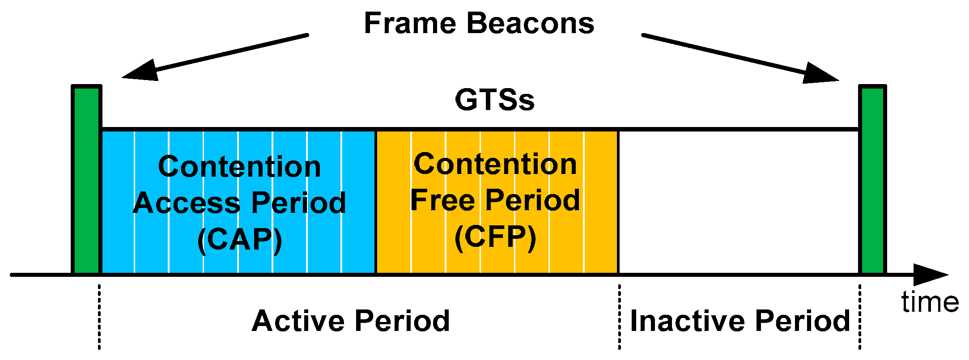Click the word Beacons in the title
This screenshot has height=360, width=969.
click(x=531, y=23)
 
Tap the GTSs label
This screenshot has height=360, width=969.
click(x=494, y=100)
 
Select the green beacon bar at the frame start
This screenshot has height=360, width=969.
click(x=86, y=179)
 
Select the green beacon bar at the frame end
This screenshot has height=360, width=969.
click(x=872, y=179)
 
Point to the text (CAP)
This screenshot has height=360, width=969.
click(x=240, y=240)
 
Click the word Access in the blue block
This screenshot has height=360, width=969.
click(x=187, y=203)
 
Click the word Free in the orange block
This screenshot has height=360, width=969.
click(x=442, y=200)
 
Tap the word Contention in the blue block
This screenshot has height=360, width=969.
click(x=240, y=167)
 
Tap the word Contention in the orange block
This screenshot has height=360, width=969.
click(x=495, y=164)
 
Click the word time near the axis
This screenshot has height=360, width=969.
click(x=930, y=302)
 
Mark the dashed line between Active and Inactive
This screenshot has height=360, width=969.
click(x=619, y=318)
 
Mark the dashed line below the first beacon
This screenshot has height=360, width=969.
click(x=99, y=318)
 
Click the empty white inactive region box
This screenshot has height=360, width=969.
click(x=738, y=201)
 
